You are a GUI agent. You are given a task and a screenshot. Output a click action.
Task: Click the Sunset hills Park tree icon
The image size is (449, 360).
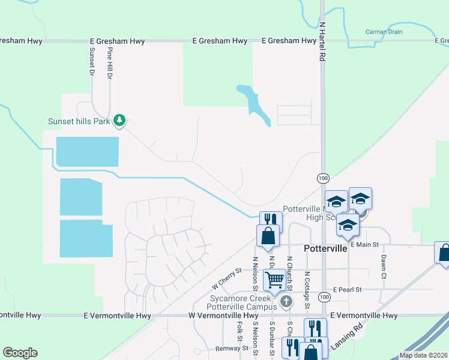(119, 121)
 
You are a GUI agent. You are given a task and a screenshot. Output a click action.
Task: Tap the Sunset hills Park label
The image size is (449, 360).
(79, 121)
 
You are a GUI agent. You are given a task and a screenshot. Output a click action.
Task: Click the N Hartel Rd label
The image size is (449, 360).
(322, 42)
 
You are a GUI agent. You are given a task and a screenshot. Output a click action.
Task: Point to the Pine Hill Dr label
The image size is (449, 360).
(110, 65)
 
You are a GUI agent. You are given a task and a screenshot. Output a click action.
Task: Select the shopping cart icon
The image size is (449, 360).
(274, 279)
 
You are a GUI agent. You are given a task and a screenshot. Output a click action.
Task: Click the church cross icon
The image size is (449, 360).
(287, 301)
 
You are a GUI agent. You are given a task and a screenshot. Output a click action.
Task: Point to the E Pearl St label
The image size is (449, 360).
(347, 289)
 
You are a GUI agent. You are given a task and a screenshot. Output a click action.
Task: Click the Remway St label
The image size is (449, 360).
(232, 348)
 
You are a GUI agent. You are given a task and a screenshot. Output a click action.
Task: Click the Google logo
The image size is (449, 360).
(20, 353)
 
